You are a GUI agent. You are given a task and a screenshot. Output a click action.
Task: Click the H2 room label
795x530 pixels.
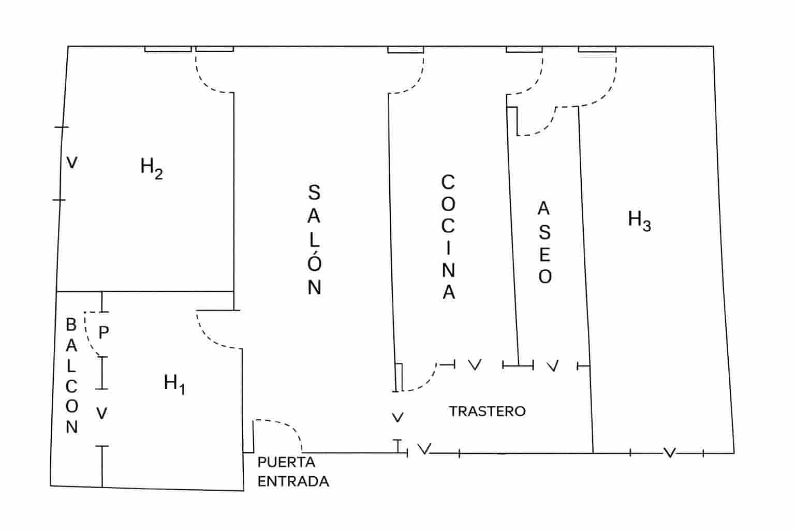(151, 168)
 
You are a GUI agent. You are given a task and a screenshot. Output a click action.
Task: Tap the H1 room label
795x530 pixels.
(174, 384)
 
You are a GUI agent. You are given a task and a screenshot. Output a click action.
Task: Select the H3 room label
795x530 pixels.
(639, 220)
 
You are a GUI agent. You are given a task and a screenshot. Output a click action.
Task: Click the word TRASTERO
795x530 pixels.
(487, 411)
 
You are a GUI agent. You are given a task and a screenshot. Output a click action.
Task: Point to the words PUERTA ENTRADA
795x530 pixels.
(293, 472)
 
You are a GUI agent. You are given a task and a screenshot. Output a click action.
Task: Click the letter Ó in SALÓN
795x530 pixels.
(314, 262)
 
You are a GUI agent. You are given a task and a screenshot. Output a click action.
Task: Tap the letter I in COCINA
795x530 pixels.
(448, 248)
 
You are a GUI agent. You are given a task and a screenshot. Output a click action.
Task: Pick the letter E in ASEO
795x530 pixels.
(544, 255)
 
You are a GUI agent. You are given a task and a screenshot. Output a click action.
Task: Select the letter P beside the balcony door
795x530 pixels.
(104, 332)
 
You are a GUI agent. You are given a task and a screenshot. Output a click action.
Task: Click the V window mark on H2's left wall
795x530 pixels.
(72, 163)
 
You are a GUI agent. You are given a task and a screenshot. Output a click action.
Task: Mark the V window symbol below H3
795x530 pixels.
(669, 453)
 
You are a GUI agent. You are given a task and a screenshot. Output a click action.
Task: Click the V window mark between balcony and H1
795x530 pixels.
(102, 414)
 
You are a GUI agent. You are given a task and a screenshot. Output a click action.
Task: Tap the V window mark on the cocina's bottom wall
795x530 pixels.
(475, 365)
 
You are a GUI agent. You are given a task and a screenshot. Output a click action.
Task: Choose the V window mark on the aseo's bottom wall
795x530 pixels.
(553, 366)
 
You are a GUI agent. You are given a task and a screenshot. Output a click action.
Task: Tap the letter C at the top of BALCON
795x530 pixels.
(71, 386)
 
